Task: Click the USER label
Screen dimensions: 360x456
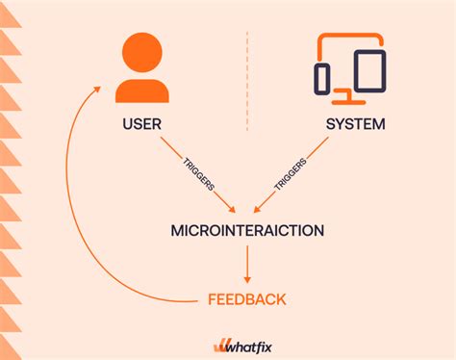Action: coord(141,124)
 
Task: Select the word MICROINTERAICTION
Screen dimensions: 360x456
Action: coord(246,230)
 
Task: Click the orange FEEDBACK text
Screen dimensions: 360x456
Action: coord(246,299)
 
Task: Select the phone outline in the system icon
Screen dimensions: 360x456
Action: coord(324,77)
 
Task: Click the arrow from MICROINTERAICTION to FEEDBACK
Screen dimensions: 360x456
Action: coord(246,262)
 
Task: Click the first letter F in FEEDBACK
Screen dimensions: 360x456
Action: coord(213,299)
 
